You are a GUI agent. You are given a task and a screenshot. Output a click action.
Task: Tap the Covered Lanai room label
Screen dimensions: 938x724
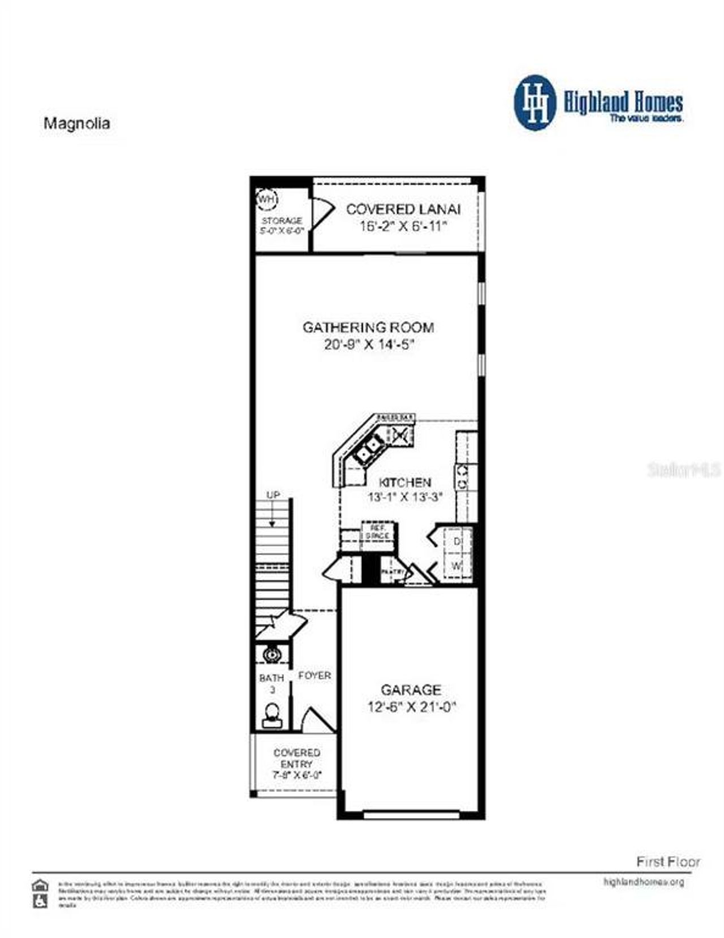403,209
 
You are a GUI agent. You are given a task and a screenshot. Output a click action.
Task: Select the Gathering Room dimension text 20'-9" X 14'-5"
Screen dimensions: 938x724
369,344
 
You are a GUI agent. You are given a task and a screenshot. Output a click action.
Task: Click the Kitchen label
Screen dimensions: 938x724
404,483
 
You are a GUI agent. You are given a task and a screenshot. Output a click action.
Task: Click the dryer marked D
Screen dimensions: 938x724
457,541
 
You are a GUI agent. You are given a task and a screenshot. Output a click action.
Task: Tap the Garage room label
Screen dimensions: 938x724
411,690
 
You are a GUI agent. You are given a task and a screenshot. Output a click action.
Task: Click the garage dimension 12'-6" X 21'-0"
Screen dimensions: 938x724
411,707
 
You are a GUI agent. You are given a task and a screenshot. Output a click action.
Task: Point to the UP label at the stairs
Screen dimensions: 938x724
273,495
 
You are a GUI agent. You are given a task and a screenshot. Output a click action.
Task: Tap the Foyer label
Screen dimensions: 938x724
314,675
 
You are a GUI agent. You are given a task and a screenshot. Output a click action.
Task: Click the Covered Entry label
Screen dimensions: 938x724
297,758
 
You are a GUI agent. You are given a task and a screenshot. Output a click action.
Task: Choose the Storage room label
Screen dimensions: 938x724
282,221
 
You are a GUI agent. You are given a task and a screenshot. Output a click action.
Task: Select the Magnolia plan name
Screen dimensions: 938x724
77,123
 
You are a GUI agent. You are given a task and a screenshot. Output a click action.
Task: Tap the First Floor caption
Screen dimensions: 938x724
668,862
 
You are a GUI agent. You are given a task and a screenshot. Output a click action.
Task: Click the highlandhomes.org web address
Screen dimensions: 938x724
644,882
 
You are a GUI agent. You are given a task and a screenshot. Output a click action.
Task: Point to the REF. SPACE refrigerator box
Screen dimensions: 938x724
377,531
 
